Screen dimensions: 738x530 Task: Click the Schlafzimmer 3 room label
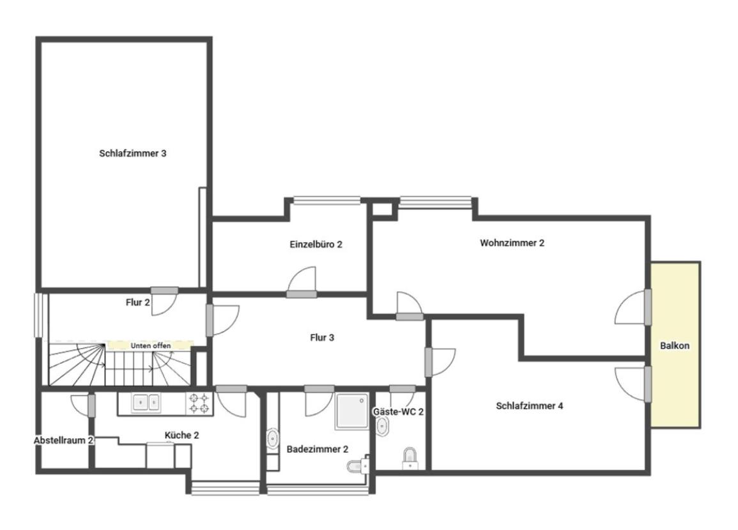tap(133, 153)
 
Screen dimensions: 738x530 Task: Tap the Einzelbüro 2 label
tap(316, 245)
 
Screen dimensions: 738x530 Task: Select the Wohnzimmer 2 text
tap(512, 243)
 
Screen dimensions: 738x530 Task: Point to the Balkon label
tap(675, 345)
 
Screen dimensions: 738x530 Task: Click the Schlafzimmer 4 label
tap(530, 406)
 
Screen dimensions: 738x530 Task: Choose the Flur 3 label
tap(322, 338)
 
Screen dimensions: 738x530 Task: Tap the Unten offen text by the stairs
tap(151, 345)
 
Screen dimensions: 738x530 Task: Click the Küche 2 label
tap(181, 435)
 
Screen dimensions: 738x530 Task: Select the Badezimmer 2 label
tap(317, 450)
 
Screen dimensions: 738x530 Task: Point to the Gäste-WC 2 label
tap(398, 412)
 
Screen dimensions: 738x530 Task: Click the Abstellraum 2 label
tap(63, 441)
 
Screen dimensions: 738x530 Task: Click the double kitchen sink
tap(146, 403)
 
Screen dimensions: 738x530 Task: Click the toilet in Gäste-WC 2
tap(410, 458)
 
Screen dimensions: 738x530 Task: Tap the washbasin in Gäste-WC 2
tap(382, 426)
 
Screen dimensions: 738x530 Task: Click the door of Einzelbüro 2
tap(302, 282)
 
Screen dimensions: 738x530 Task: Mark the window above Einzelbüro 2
tap(327, 201)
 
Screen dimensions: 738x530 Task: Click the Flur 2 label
tap(137, 303)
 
